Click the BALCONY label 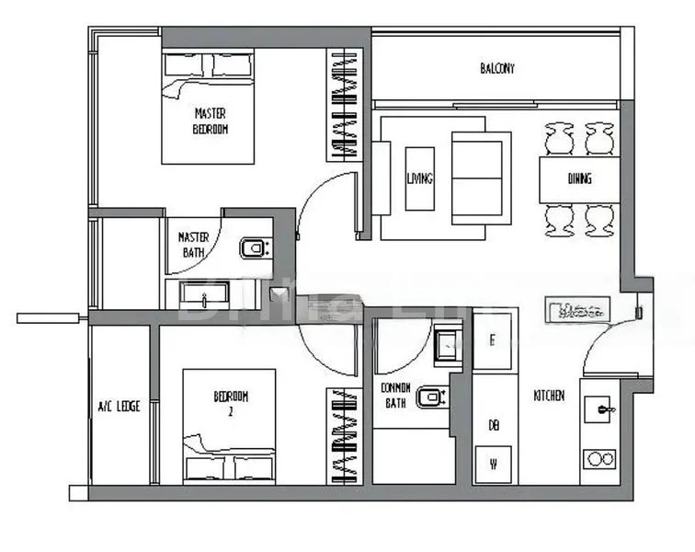pos(497,68)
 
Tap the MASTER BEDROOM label pos(211,121)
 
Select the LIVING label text pos(419,178)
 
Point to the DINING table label pos(579,178)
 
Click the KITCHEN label pos(549,396)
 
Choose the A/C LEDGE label pos(120,406)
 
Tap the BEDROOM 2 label pos(231,404)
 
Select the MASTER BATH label pos(193,244)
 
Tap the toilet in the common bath pos(429,397)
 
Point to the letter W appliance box pos(494,463)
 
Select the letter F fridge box pos(494,340)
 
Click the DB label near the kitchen pos(494,425)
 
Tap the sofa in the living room pos(481,176)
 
